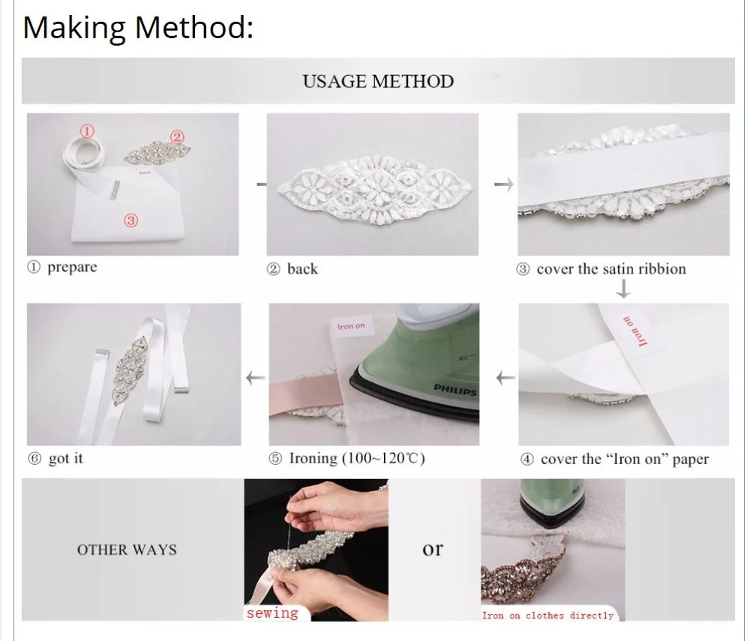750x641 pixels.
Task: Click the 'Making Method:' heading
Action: [138, 28]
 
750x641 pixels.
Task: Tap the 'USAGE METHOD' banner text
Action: [378, 81]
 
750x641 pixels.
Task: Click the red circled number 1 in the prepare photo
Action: [86, 131]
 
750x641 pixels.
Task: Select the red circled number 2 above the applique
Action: [177, 137]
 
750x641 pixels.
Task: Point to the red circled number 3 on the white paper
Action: [130, 220]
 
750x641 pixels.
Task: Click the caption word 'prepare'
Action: [72, 267]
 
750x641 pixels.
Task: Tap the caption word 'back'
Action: [302, 268]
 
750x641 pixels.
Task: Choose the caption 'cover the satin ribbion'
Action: [611, 268]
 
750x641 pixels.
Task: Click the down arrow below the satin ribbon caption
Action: [622, 289]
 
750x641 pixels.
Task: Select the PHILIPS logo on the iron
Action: [455, 390]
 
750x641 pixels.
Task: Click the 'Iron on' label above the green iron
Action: [351, 326]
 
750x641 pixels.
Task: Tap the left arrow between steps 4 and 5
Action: [505, 378]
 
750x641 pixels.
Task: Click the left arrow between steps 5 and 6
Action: [256, 378]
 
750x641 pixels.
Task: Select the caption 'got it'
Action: [65, 458]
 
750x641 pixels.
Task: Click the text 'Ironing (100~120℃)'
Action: [357, 458]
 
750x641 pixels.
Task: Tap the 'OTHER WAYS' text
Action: [127, 550]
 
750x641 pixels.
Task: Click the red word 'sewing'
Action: [272, 613]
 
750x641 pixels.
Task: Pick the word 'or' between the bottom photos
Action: [433, 550]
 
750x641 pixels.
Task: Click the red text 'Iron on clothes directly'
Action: [547, 616]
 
